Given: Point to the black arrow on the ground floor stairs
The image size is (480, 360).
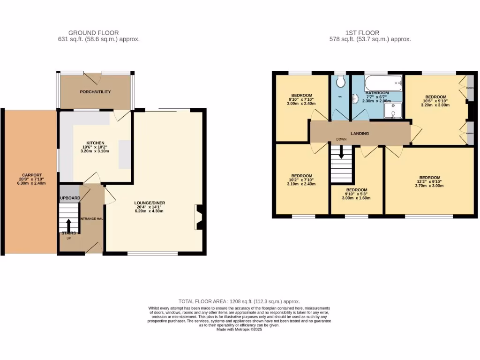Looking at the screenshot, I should point(68,225).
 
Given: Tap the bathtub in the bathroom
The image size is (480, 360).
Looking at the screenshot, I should point(383,83).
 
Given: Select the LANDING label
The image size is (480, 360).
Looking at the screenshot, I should point(360,134).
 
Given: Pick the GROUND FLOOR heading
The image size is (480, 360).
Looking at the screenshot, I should point(93,33).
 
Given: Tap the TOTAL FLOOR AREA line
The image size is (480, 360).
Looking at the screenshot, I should point(239,301).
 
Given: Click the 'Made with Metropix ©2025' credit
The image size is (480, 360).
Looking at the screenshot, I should point(239,330).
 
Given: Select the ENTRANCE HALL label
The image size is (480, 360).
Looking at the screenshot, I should point(92,219).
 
